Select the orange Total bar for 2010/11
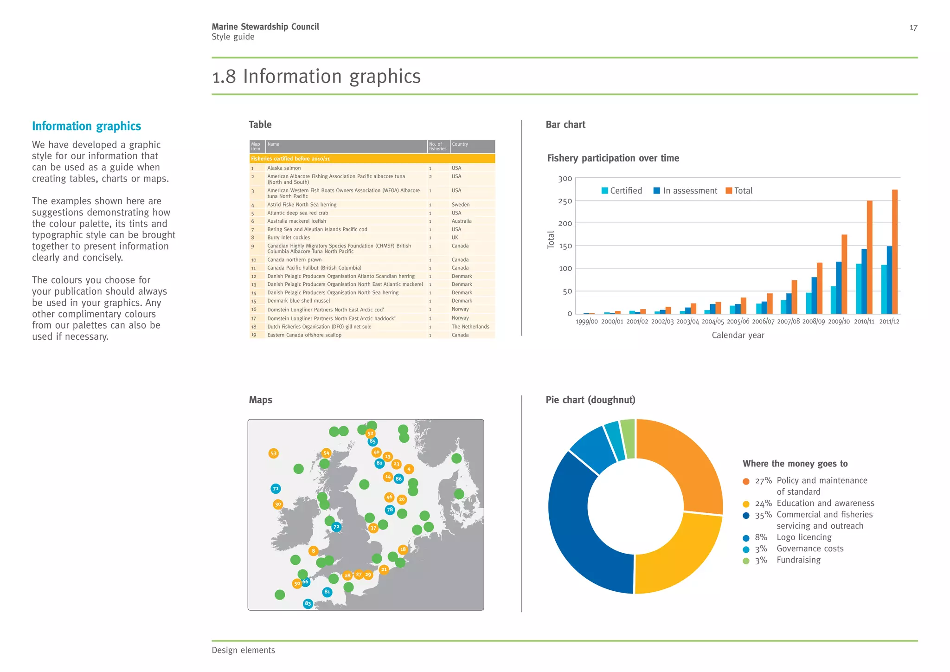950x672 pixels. pos(869,257)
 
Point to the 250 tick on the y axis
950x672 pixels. pos(565,201)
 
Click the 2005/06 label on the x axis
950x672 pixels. pos(738,322)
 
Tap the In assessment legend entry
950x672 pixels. pos(685,191)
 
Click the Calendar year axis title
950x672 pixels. pos(738,335)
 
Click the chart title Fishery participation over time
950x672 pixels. pos(613,158)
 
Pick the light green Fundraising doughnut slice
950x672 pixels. pos(628,439)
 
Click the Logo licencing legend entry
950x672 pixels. pos(803,537)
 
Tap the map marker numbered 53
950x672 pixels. pos(274,453)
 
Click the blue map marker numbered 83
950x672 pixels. pos(308,604)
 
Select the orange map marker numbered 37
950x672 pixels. pos(373,528)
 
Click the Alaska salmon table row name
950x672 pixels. pos(284,168)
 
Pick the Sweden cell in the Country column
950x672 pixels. pos(460,205)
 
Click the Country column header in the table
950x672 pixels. pos(460,144)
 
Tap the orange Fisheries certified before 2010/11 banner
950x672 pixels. pos(372,159)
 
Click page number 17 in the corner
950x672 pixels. pos(913,28)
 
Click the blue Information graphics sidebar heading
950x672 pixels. pos(86,126)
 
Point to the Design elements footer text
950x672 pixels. pos(243,650)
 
